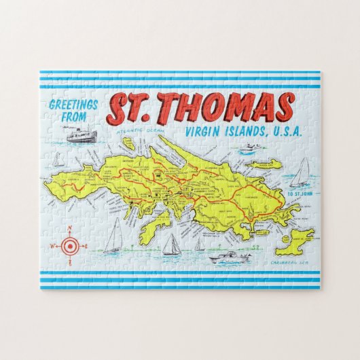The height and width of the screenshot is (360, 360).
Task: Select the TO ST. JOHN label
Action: [x=299, y=194]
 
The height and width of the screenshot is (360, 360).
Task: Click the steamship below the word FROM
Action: [x=80, y=134]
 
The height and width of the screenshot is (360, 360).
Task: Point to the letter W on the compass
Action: [x=52, y=246]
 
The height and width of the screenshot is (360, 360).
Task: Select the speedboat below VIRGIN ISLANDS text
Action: [x=251, y=147]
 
